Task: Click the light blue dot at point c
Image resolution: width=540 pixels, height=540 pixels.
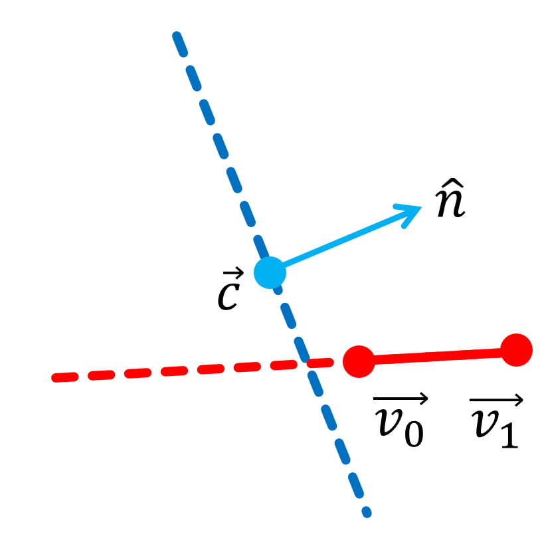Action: (x=270, y=272)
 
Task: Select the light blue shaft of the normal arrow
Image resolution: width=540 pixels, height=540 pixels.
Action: (x=339, y=242)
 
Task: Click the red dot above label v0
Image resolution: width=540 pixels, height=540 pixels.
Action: (x=359, y=362)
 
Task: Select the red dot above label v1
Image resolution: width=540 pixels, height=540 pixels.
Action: (x=516, y=350)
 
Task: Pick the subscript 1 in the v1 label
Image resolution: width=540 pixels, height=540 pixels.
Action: (x=508, y=436)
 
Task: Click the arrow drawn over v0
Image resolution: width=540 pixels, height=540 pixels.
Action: (x=401, y=399)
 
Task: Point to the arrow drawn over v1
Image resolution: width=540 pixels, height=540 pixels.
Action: (x=497, y=400)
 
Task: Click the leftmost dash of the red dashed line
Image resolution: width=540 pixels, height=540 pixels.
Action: (x=65, y=377)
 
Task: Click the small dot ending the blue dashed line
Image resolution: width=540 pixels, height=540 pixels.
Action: (x=366, y=512)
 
